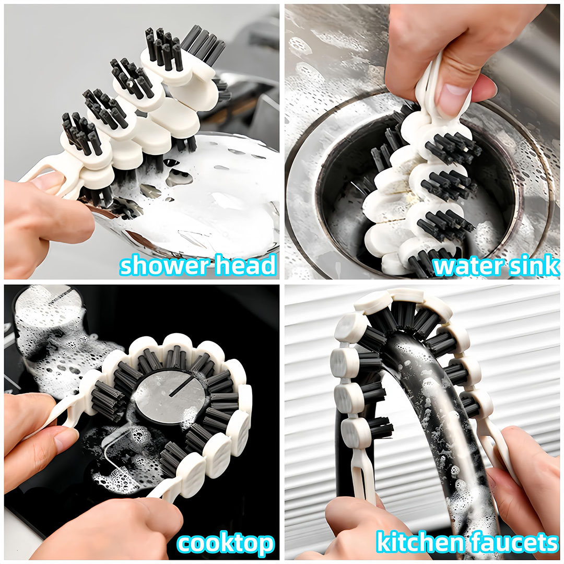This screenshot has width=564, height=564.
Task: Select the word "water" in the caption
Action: coord(462,266)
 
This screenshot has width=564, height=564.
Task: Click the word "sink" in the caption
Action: coord(527,265)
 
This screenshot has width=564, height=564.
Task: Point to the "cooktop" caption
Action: coord(225,544)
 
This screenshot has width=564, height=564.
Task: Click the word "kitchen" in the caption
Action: coord(420,543)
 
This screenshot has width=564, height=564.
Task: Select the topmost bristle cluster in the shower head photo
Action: coord(164,48)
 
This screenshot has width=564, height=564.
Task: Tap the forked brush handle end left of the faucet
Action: coord(361,471)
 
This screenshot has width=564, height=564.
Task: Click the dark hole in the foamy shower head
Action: coord(179,178)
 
